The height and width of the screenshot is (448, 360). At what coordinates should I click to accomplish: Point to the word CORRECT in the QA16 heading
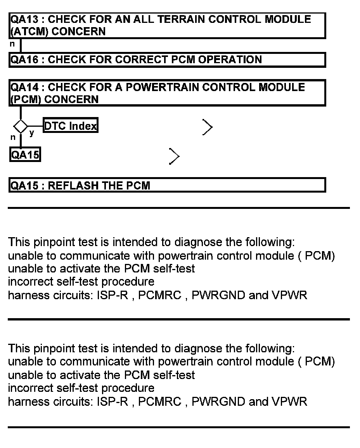[140, 60]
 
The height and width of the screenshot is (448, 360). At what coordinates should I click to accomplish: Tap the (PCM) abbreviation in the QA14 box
[25, 100]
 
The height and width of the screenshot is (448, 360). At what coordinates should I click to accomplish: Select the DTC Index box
[70, 126]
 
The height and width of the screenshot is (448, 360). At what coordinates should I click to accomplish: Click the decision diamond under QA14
[20, 126]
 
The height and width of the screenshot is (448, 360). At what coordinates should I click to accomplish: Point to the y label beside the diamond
[31, 133]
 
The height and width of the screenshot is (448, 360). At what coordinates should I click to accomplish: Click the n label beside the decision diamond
[12, 137]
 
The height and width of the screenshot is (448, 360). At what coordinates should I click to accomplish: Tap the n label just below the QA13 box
[12, 44]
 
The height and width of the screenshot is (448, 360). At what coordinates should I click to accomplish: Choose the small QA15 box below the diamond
[25, 155]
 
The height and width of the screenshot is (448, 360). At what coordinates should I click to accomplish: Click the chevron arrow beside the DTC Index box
[208, 127]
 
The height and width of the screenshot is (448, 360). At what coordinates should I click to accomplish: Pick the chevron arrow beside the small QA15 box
[175, 157]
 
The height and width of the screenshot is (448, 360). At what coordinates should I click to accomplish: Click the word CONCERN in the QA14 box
[72, 100]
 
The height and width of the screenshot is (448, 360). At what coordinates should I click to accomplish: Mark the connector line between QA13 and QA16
[20, 45]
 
